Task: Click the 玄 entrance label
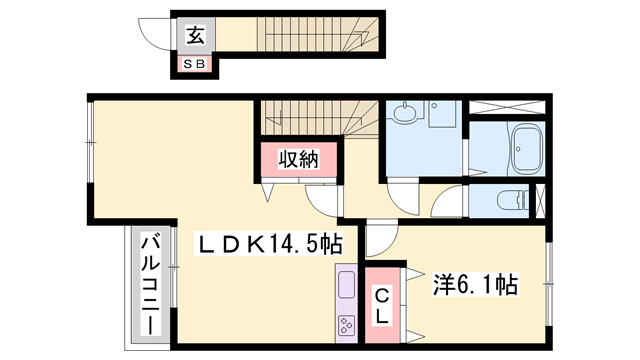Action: pos(195,36)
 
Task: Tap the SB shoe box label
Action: pos(193,65)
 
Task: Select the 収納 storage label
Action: pos(297,160)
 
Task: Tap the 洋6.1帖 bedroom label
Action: pos(475,285)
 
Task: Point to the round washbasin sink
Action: pos(404,115)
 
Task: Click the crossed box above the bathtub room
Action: pos(507,108)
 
